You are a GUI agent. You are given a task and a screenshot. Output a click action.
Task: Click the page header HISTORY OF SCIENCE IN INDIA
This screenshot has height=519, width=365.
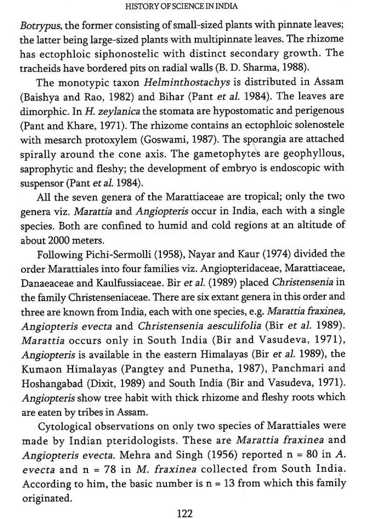click(182, 6)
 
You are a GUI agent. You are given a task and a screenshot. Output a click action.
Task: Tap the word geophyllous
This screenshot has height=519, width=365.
click(314, 154)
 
